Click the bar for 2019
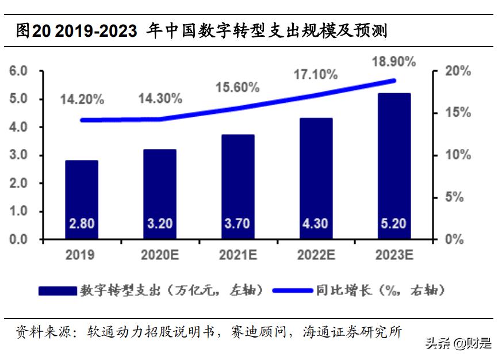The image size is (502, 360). (x=81, y=199)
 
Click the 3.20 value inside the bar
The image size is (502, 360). (x=159, y=223)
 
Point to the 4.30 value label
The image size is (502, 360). (x=316, y=223)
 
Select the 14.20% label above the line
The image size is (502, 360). (x=82, y=99)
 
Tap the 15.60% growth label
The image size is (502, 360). (x=237, y=87)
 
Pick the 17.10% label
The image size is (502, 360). (x=316, y=74)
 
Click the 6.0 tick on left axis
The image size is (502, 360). (x=18, y=71)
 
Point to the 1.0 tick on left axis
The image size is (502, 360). (x=18, y=211)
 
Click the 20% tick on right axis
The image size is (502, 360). (x=458, y=71)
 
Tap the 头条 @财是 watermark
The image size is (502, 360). (x=458, y=344)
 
